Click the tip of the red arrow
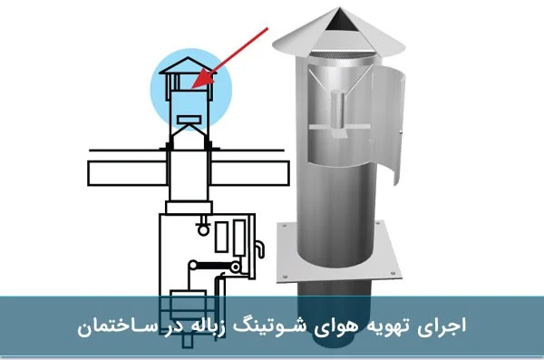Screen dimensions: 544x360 pyautogui.click(x=192, y=88)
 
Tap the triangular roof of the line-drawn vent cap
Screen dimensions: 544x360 pyautogui.click(x=188, y=66)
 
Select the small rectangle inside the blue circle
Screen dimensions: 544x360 pyautogui.click(x=189, y=120)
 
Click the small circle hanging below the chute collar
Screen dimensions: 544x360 pyautogui.click(x=203, y=229)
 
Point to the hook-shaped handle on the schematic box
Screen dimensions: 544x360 pyautogui.click(x=260, y=248)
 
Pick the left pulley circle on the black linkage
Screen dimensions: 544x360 pyautogui.click(x=192, y=266)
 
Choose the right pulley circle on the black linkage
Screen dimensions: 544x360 pyautogui.click(x=235, y=267)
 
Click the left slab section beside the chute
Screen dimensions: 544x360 pyautogui.click(x=127, y=173)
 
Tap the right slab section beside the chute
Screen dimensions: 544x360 pyautogui.click(x=250, y=173)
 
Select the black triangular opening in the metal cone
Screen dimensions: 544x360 pyautogui.click(x=340, y=19)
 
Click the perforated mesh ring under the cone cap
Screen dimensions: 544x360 pyautogui.click(x=342, y=54)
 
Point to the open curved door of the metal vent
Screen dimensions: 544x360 pyautogui.click(x=388, y=125)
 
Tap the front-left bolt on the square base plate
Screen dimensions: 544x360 pyautogui.click(x=285, y=277)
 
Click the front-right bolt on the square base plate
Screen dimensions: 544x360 pyautogui.click(x=393, y=273)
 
